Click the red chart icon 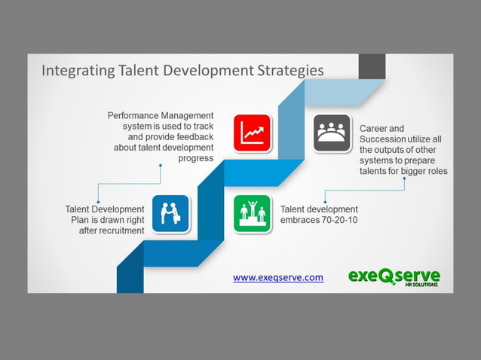pos(252,133)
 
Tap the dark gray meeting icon pos(332,133)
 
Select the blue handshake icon pos(170,213)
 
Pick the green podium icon pos(252,213)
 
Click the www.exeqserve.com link pos(278,277)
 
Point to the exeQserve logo pos(394,276)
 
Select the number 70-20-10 pos(341,220)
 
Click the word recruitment pos(119,230)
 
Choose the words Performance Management pos(161,116)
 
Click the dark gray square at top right pos(372,66)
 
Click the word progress pos(196,158)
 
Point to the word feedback pos(193,137)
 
